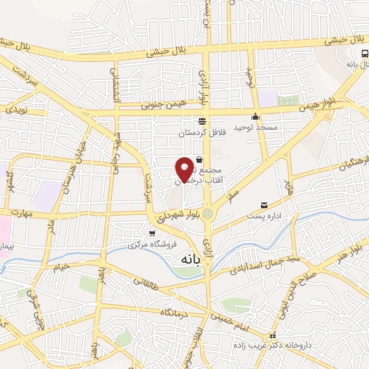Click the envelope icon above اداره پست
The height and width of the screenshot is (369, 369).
click(263, 205)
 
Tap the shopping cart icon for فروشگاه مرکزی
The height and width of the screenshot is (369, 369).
click(152, 233)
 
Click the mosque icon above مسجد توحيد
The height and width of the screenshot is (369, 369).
click(254, 117)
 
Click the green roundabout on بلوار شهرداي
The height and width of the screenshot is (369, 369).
click(208, 213)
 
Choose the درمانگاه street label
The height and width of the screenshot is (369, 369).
click(174, 313)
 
